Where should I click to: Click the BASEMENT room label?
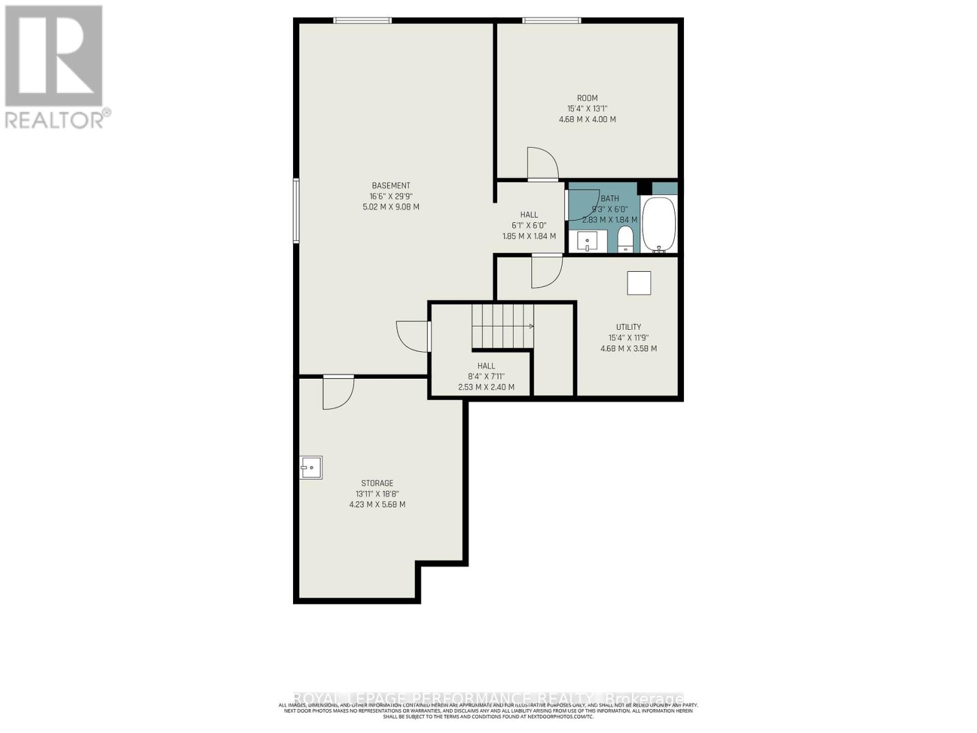tap(391, 186)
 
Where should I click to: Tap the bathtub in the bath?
tap(659, 224)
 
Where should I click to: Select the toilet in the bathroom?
tap(626, 239)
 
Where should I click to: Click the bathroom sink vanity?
tap(587, 241)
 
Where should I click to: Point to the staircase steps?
tap(502, 326)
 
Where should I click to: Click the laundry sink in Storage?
tap(311, 468)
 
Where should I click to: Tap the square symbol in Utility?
tap(639, 283)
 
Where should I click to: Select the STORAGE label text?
tap(377, 483)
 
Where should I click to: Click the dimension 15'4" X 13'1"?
tap(587, 109)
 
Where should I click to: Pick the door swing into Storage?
tap(338, 392)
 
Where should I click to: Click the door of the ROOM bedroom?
tap(542, 163)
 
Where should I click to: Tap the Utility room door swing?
tap(546, 271)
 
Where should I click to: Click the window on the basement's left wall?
tap(296, 211)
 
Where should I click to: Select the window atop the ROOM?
tap(551, 21)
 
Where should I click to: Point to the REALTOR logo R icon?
tap(54, 56)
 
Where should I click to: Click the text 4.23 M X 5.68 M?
tap(377, 505)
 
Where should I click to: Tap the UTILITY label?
tap(628, 327)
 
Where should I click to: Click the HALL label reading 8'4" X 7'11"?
tap(486, 376)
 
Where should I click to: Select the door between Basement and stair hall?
tap(413, 337)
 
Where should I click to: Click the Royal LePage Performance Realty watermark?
tap(488, 698)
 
